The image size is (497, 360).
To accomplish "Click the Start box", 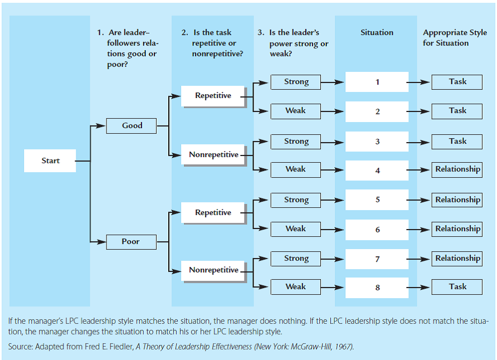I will point(50,160).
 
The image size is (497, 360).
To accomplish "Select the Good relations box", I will point(132,125).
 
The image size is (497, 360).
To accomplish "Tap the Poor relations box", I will point(131,242).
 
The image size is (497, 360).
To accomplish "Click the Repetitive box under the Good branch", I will point(213,96).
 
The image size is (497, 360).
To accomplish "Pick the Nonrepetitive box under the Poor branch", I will point(213,270).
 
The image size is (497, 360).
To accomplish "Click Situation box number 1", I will point(377,82).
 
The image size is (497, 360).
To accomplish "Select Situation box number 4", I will point(377,171).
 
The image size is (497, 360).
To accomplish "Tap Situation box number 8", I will point(377,288).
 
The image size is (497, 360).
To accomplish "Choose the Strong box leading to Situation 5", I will point(296,200).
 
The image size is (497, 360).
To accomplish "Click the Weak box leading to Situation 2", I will point(296,110).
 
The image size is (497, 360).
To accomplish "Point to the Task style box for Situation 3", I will point(457,141).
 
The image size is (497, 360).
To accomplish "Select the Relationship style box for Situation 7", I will point(457,258).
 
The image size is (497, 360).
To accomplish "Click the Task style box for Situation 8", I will point(457,286).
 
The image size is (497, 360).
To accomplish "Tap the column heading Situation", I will point(377,32).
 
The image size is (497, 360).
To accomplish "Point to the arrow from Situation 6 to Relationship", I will point(421,229).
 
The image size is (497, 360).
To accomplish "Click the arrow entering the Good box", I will point(98,125).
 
